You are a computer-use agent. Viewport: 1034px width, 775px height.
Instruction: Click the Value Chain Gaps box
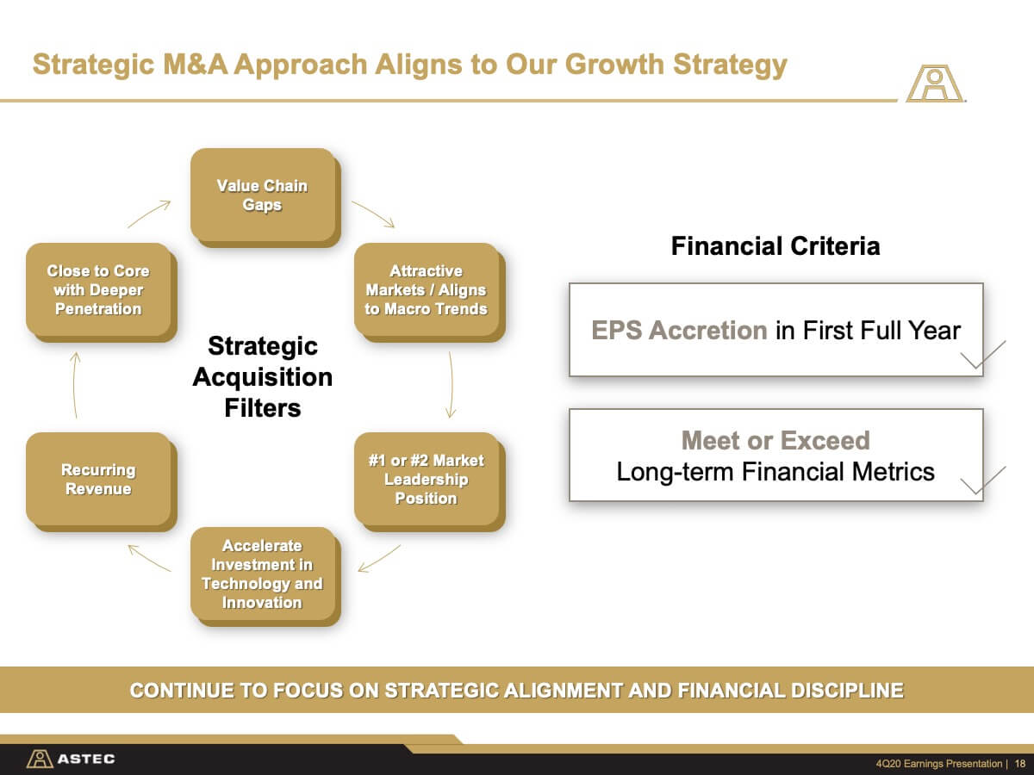(265, 197)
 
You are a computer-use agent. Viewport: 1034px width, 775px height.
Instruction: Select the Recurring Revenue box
(102, 481)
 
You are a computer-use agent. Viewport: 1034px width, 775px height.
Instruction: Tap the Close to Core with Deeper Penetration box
(102, 292)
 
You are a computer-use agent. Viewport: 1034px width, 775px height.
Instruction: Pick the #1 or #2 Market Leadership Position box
(430, 481)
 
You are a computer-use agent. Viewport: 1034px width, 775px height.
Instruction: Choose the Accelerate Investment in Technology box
(265, 576)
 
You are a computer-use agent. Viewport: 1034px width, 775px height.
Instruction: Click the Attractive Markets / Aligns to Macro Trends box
(430, 292)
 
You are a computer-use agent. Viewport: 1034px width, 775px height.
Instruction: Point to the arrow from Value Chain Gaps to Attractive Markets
(374, 214)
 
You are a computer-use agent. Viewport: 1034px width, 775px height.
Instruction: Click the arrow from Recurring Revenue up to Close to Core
(74, 384)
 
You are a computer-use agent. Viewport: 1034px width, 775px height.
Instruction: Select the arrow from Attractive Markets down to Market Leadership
(452, 384)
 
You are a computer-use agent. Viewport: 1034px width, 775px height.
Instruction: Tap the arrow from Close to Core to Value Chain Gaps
(149, 214)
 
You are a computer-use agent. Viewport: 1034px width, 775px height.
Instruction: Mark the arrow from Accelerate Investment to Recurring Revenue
(149, 558)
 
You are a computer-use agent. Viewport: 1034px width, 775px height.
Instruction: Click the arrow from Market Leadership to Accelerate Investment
(379, 559)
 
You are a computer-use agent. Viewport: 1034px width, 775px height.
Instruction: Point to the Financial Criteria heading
(775, 246)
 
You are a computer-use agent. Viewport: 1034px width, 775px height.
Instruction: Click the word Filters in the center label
(263, 408)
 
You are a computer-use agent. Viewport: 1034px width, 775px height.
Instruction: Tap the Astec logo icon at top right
(935, 84)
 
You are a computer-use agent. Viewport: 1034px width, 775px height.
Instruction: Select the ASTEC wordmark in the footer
(86, 759)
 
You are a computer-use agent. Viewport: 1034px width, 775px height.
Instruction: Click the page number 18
(1020, 763)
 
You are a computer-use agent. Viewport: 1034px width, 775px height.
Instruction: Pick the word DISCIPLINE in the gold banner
(848, 691)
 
